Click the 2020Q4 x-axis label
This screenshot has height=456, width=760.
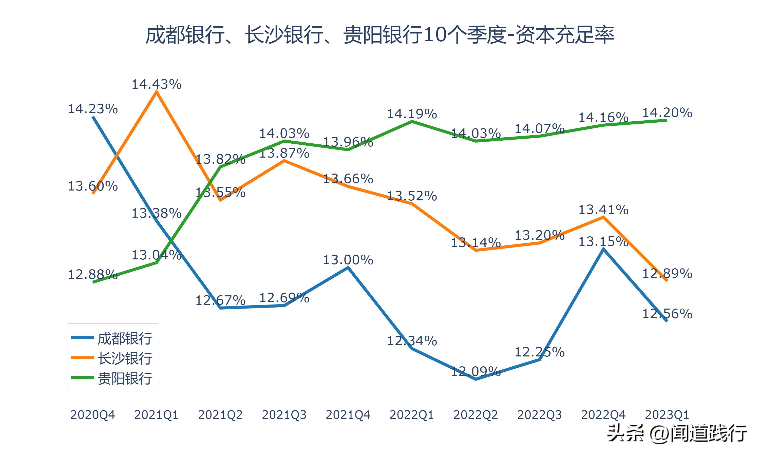point(92,415)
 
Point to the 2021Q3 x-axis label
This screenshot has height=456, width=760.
point(284,415)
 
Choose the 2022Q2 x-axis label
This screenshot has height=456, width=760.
point(476,415)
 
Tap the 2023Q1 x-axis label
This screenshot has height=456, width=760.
point(667,415)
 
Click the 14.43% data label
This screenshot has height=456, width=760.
point(156,84)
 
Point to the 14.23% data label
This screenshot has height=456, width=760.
point(92,109)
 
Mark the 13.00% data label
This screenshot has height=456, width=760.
point(348,260)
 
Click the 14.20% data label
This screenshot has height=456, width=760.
point(667,113)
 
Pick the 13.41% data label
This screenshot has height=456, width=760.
point(603,210)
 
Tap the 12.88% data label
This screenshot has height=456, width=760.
point(92,274)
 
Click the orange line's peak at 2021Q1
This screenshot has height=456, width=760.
point(157,91)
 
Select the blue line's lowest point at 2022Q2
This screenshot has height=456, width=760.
point(476,379)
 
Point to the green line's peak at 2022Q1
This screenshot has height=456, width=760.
point(412,121)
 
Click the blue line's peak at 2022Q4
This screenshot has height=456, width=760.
point(604,249)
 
